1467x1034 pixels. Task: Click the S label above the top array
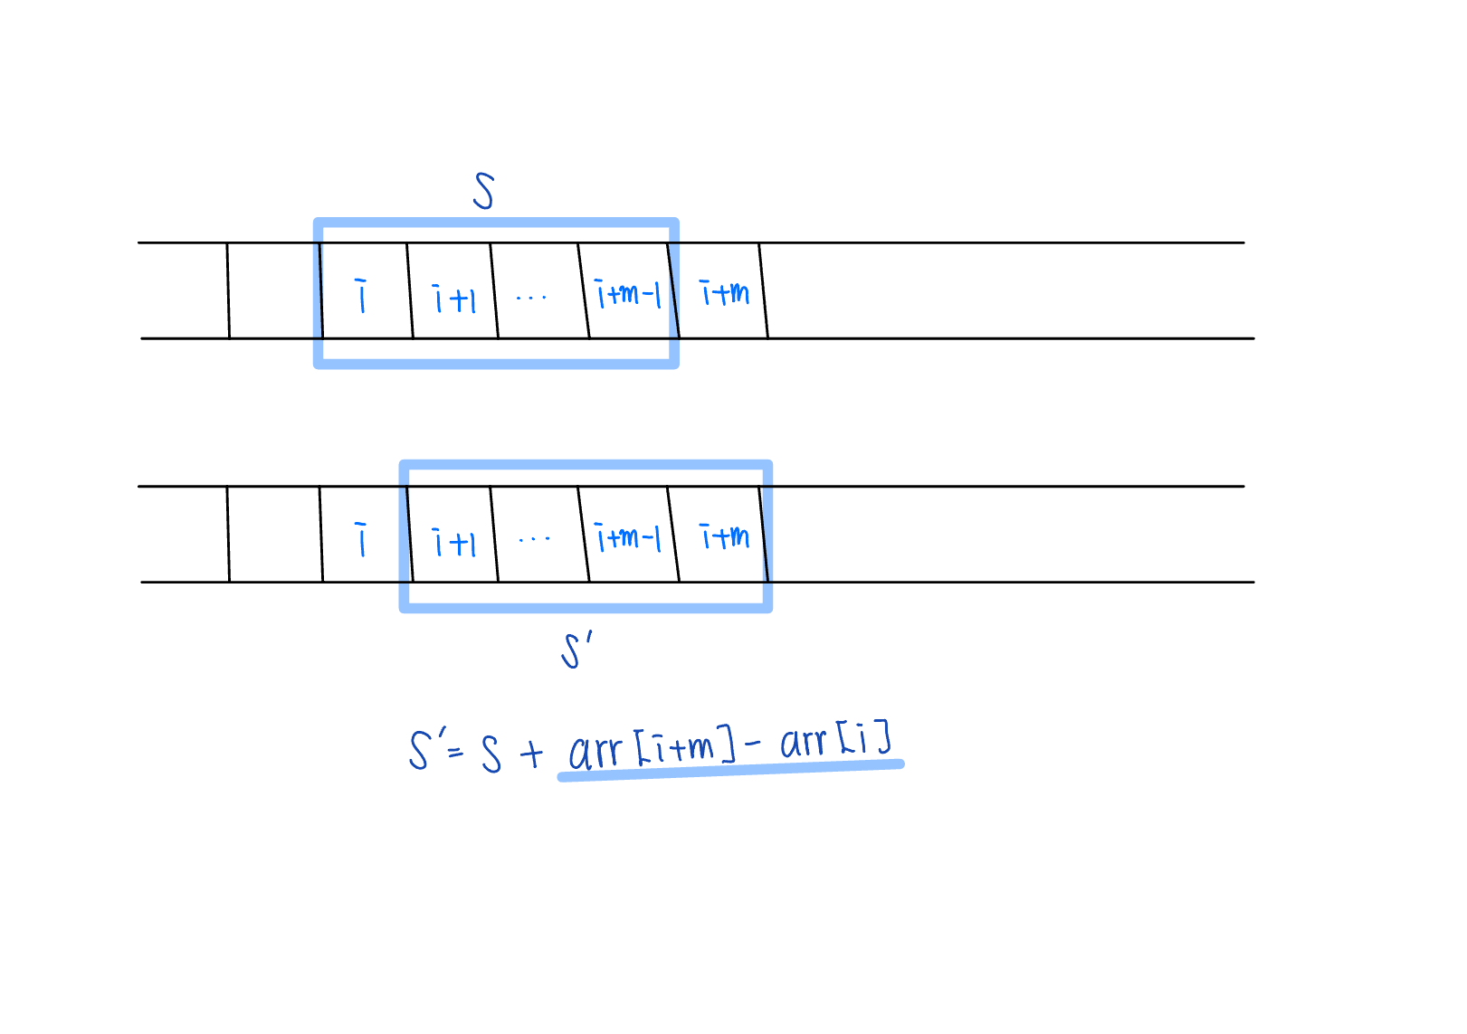[484, 191]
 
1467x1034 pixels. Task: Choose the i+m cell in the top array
[724, 292]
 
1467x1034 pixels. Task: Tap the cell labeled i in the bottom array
[362, 538]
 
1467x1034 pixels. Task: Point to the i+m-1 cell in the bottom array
[628, 538]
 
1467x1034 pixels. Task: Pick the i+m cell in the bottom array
[724, 536]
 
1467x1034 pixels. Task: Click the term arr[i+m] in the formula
[652, 749]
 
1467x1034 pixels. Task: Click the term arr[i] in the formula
[836, 740]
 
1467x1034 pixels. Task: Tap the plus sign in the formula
[532, 754]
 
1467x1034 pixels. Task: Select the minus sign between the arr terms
[753, 745]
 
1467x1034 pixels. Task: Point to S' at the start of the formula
[422, 750]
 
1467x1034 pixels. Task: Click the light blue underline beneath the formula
[731, 770]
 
